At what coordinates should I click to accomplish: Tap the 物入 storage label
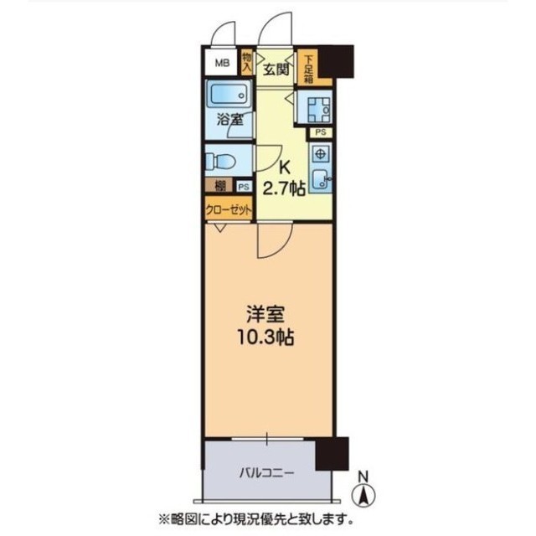click(247, 63)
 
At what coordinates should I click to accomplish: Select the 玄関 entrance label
click(276, 70)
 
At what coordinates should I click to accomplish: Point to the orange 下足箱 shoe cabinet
click(308, 66)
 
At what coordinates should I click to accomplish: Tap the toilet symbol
click(222, 159)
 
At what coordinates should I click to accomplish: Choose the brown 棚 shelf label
click(219, 188)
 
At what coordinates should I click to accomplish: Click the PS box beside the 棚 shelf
click(244, 188)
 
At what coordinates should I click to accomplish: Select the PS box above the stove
click(321, 132)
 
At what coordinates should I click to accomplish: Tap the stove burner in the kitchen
click(320, 155)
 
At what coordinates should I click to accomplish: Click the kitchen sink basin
click(320, 179)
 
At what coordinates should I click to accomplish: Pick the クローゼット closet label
click(229, 210)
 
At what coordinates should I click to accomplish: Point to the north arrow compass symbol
click(364, 491)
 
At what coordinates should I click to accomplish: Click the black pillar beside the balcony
click(332, 453)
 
